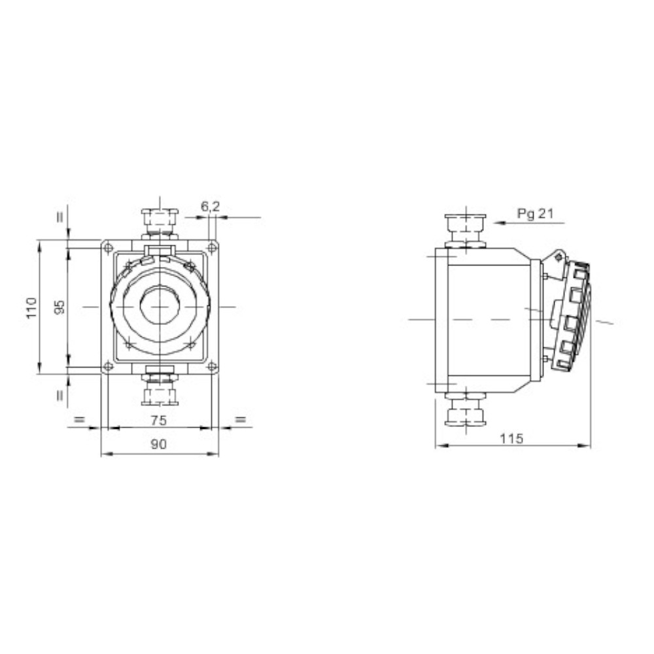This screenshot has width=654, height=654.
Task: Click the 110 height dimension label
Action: (x=32, y=307)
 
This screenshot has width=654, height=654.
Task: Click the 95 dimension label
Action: (x=61, y=307)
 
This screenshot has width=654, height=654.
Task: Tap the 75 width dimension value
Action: (x=158, y=420)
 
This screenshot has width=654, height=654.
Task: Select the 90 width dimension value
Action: (x=158, y=444)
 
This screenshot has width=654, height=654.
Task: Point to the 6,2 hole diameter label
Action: (x=210, y=207)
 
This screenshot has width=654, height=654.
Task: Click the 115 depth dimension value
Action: (x=511, y=438)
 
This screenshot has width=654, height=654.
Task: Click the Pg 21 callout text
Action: (x=535, y=214)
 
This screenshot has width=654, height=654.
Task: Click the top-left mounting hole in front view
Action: (x=108, y=248)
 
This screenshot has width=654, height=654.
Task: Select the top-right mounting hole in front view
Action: (x=212, y=248)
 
